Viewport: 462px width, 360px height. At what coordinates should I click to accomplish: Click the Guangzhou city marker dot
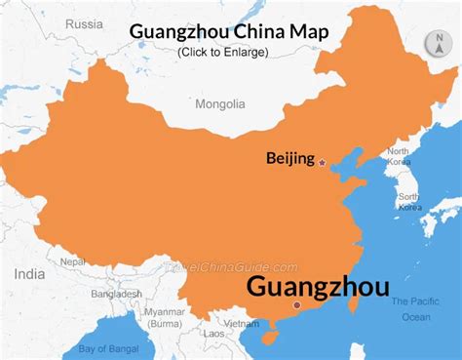pyautogui.click(x=297, y=305)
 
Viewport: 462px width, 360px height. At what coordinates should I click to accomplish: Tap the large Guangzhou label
pyautogui.click(x=317, y=286)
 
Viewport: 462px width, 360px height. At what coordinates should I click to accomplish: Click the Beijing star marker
pyautogui.click(x=322, y=160)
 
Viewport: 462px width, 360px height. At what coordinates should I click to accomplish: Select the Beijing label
pyautogui.click(x=289, y=158)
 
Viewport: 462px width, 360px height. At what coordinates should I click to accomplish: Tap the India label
pyautogui.click(x=29, y=274)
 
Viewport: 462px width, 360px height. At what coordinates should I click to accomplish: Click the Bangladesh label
pyautogui.click(x=117, y=294)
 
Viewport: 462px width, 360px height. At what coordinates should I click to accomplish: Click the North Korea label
pyautogui.click(x=398, y=157)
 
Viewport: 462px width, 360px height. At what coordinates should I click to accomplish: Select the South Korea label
pyautogui.click(x=408, y=202)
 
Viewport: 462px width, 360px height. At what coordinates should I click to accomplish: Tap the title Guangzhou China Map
pyautogui.click(x=229, y=31)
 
